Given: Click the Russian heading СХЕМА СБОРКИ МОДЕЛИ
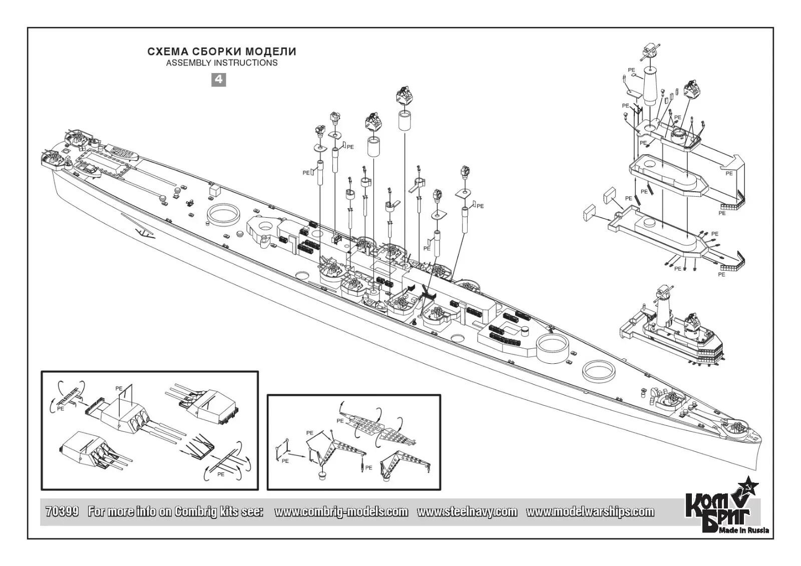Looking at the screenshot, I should (222, 52).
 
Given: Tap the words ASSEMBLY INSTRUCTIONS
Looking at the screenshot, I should (222, 63).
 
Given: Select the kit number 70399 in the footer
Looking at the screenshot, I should (62, 511).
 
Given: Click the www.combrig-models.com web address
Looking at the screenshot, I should (341, 511).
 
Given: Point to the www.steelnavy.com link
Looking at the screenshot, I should (467, 511).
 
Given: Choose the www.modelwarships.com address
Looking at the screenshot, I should (590, 511).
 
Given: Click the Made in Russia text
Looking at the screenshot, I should (744, 530).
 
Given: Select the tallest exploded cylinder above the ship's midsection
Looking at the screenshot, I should (405, 121).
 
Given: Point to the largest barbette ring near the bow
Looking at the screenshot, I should (553, 346).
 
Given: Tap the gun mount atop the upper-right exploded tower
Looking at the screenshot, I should (651, 51).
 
